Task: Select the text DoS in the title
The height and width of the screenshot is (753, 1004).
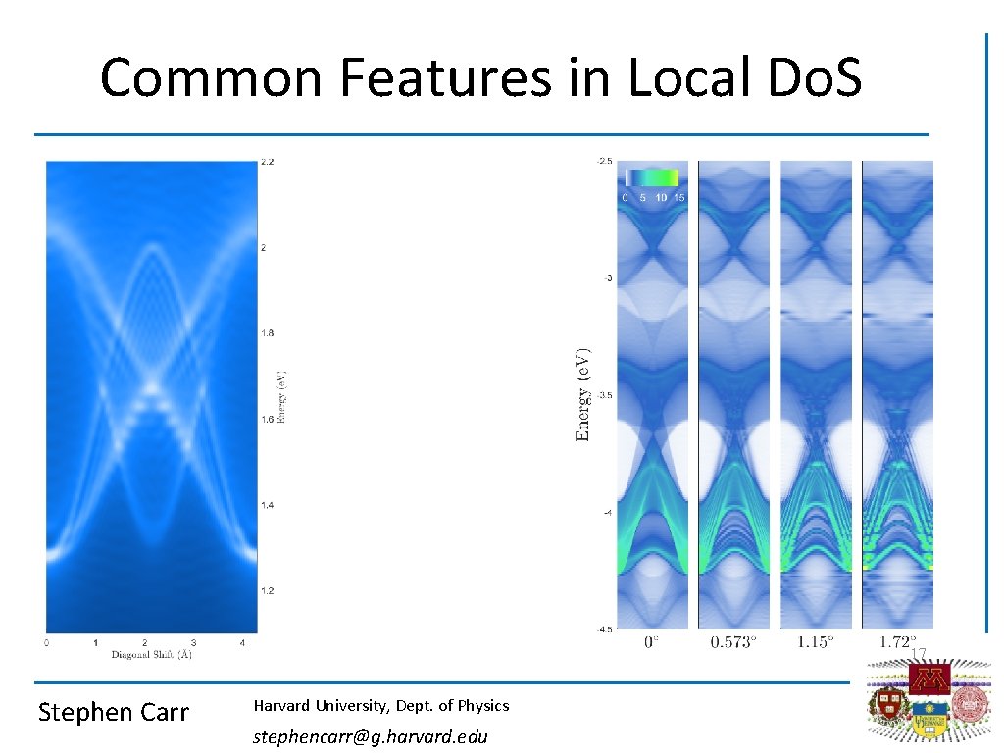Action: [808, 77]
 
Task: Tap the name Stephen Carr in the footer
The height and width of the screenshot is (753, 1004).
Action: [113, 713]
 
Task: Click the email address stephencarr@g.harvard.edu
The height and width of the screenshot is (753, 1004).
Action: [370, 736]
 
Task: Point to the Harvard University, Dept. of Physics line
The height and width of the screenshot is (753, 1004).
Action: [381, 705]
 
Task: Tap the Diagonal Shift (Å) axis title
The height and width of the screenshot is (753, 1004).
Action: [151, 655]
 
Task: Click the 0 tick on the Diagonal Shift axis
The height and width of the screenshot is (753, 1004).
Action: [47, 643]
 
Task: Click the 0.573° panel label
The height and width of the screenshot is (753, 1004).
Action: [733, 642]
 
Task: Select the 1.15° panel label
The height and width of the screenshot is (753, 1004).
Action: [816, 642]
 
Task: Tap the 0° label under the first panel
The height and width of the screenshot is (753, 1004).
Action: [651, 642]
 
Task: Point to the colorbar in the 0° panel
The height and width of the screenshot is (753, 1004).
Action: [652, 177]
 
